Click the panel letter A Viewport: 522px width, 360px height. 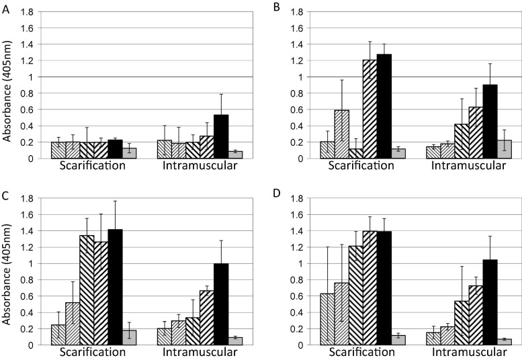coord(6,7)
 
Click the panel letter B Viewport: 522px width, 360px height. coord(275,7)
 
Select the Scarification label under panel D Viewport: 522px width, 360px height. coord(362,352)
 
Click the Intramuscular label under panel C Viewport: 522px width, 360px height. coord(185,352)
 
